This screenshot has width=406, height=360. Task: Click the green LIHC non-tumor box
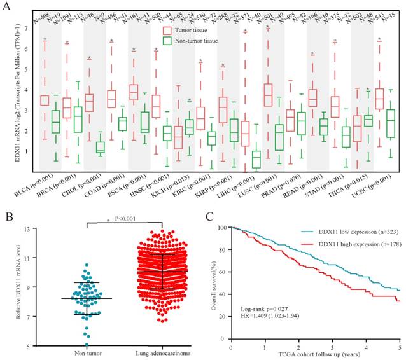coord(256,160)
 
